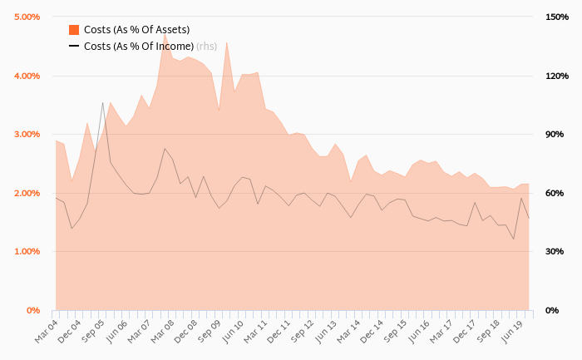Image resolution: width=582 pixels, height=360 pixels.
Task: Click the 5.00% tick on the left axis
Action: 27,17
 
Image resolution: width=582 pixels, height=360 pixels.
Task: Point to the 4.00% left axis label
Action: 27,76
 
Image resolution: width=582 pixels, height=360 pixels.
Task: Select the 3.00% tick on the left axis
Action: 27,134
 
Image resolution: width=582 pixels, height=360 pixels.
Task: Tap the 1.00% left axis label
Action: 27,251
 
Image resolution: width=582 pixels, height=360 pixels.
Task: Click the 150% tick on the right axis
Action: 555,17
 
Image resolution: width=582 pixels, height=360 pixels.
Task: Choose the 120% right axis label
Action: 555,76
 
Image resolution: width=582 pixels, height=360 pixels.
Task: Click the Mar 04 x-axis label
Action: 46,328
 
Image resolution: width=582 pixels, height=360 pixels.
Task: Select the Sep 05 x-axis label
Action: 92,328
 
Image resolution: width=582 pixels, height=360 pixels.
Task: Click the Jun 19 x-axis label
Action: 512,328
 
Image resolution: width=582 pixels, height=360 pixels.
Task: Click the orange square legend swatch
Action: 74,30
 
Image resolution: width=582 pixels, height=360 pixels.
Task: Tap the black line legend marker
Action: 74,47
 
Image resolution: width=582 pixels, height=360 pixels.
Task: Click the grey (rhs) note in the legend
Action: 206,47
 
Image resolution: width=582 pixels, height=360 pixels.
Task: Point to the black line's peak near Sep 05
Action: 103,103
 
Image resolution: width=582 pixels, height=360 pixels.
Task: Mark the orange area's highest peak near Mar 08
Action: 165,34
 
